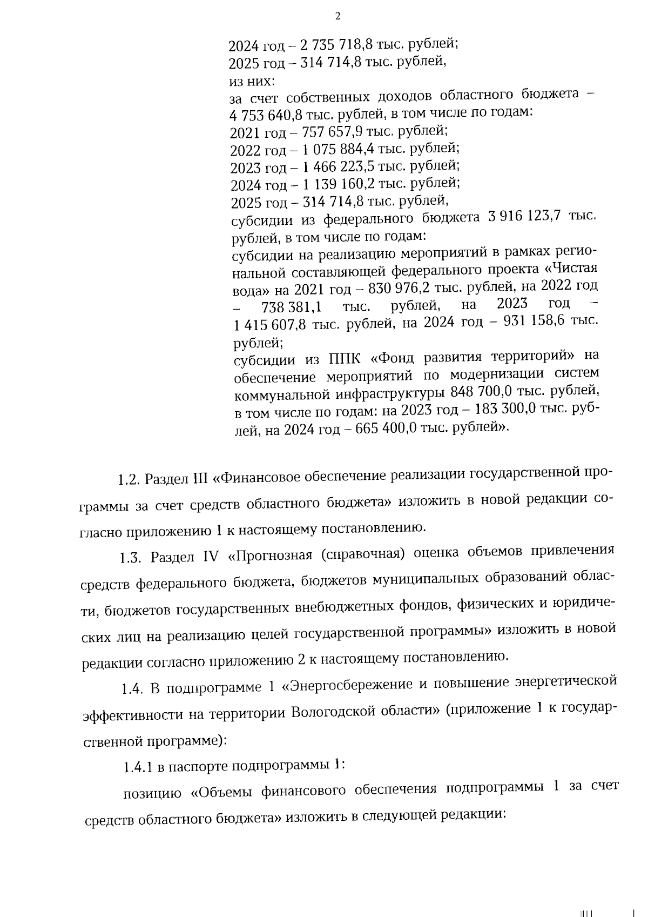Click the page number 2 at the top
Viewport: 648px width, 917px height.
338,16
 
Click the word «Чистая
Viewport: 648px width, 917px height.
572,269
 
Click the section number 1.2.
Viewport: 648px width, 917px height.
129,479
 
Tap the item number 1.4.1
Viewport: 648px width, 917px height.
138,767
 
